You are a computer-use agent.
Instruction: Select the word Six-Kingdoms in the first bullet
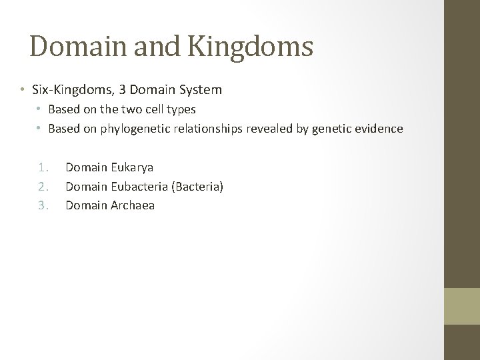coord(66,89)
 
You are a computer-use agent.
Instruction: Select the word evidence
coord(379,129)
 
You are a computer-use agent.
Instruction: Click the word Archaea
coord(132,205)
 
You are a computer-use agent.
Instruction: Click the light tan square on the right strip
coord(462,307)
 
